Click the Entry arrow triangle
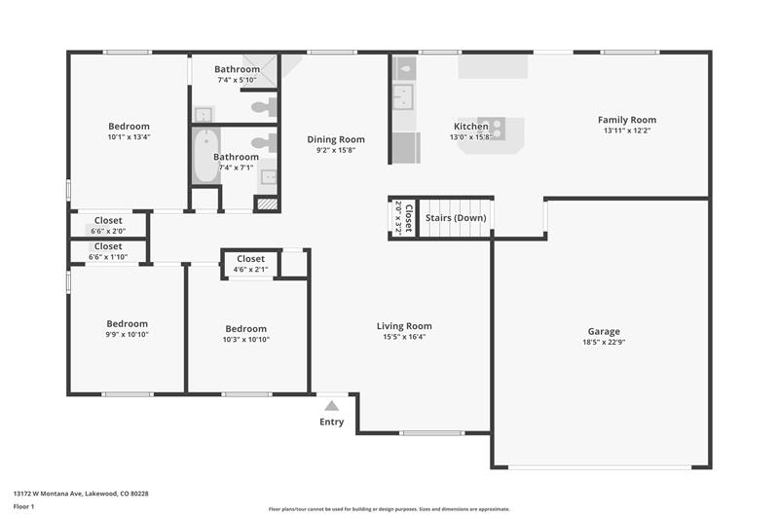tap(331, 406)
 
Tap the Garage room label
tap(604, 331)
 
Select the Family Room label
tap(627, 120)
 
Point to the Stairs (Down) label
tap(456, 217)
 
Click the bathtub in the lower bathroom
tap(205, 156)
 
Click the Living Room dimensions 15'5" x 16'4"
tap(404, 337)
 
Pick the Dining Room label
tap(336, 139)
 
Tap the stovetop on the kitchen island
tap(492, 129)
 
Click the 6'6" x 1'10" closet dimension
tap(108, 257)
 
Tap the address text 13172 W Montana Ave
tap(47, 494)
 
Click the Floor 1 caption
tap(23, 506)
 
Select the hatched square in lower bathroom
tap(267, 204)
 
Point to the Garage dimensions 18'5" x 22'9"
tap(604, 342)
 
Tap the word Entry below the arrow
tap(331, 422)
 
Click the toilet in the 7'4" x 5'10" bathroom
tap(264, 106)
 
